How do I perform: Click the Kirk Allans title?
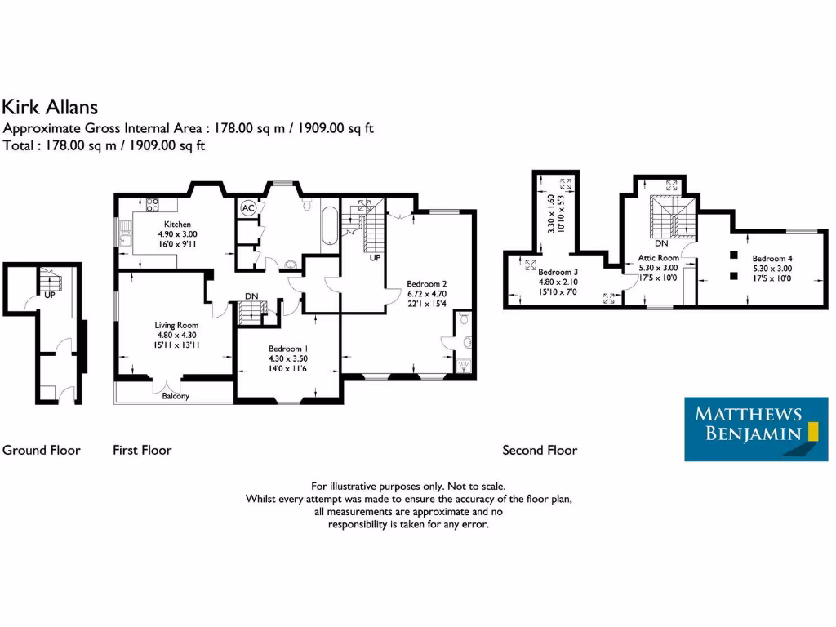50,106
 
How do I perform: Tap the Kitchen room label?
177,224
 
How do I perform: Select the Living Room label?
177,325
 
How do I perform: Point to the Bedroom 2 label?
427,284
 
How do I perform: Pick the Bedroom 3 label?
558,272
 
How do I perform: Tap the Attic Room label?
658,257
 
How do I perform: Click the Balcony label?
175,396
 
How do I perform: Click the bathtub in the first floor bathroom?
329,226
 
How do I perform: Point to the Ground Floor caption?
41,450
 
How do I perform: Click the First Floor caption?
142,450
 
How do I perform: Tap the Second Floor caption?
540,450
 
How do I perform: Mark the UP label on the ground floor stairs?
49,295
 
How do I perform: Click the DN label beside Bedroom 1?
253,297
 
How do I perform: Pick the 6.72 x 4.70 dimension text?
427,294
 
